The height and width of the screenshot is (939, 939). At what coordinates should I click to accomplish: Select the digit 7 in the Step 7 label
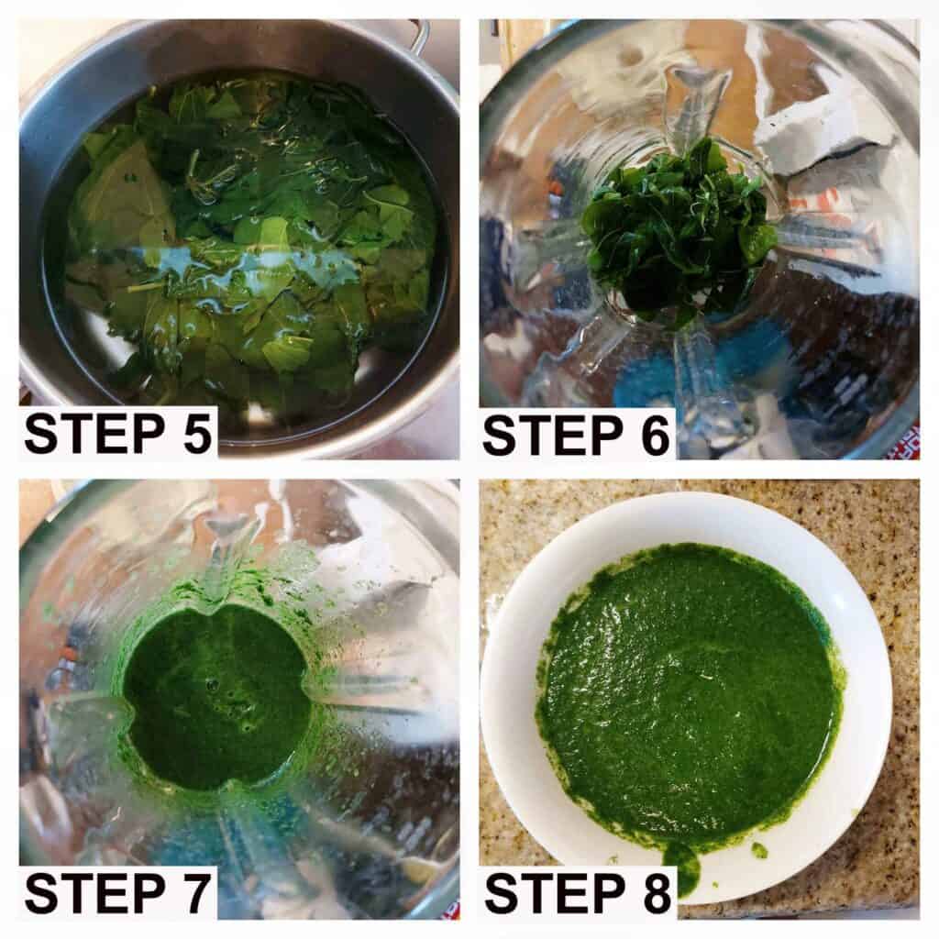click(195, 893)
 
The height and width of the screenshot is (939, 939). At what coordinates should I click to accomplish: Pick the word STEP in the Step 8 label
click(555, 893)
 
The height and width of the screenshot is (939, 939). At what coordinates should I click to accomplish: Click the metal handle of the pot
click(421, 36)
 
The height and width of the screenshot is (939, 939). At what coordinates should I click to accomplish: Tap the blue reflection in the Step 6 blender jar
click(707, 371)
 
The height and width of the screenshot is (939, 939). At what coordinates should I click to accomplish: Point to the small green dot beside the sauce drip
click(758, 849)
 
